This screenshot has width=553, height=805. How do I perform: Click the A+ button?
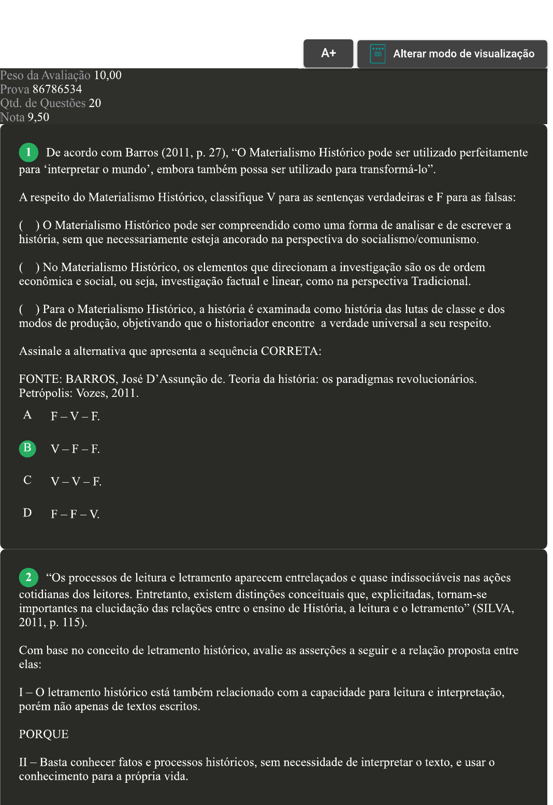[328, 53]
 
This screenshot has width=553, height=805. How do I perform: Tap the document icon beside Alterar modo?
[377, 54]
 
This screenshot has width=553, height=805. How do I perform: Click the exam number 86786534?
[57, 89]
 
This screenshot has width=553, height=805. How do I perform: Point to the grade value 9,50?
[38, 117]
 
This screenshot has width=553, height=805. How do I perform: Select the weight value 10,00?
[108, 75]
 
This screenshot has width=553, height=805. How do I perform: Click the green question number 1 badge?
[28, 152]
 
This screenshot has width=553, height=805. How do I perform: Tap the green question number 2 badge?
[28, 577]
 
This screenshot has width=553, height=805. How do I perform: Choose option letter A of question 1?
[27, 415]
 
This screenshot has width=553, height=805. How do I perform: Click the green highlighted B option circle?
[27, 448]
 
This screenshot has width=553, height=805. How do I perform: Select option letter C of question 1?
[27, 480]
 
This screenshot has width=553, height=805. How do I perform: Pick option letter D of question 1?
[27, 513]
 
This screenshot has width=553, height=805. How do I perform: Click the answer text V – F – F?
[75, 449]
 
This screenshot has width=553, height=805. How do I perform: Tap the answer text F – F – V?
[75, 514]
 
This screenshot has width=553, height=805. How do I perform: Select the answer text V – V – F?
[76, 482]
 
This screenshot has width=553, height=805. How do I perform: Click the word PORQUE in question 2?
[43, 734]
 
